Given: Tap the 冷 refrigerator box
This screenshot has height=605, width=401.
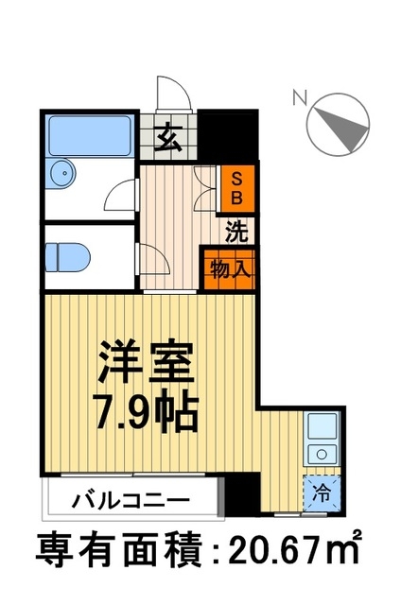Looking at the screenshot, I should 321,491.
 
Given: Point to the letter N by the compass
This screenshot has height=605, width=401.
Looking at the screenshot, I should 300,95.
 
